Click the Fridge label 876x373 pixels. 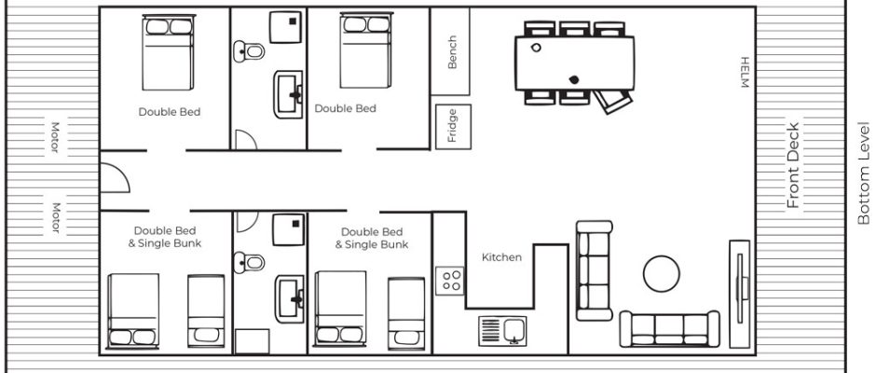453,126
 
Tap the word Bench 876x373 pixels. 452,52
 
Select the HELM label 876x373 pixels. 744,72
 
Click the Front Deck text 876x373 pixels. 793,165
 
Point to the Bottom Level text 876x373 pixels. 864,173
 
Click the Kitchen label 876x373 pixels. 501,257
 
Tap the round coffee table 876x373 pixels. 662,273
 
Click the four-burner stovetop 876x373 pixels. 450,281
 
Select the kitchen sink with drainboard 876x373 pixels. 502,331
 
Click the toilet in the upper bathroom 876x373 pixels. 249,51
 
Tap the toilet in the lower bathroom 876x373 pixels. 249,262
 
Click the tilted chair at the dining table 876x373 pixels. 612,102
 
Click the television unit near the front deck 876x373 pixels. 740,294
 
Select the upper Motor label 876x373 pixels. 55,137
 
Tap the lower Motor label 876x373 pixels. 55,217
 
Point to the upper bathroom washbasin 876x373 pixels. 288,94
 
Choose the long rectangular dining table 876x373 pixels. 574,63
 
